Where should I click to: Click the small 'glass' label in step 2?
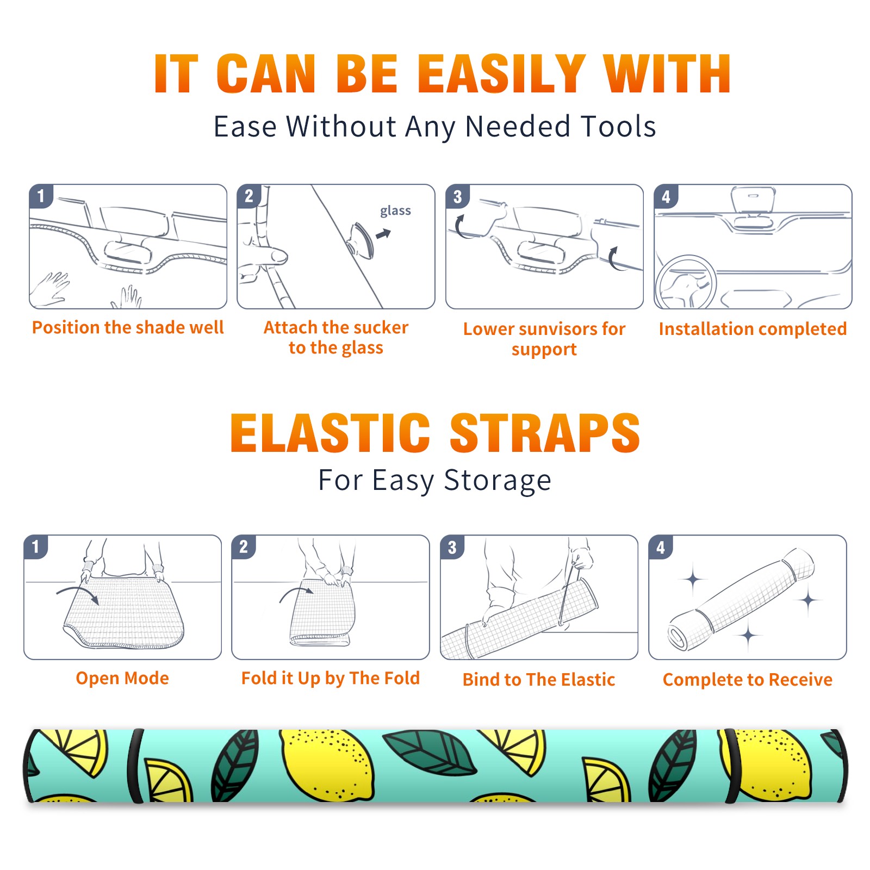(x=395, y=211)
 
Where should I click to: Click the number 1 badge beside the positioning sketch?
(x=41, y=196)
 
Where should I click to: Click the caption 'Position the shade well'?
(x=128, y=327)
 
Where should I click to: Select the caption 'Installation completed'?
(x=753, y=328)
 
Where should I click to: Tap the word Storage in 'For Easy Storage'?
(x=498, y=481)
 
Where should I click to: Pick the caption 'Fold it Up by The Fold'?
(x=331, y=678)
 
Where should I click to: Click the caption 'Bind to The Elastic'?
(x=539, y=679)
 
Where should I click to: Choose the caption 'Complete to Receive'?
(x=748, y=679)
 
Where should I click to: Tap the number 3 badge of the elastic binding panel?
(x=452, y=546)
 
